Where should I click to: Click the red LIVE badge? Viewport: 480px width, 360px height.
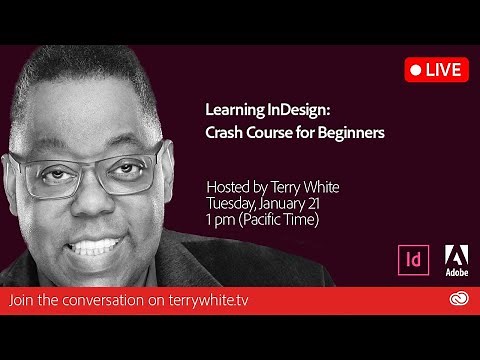436,70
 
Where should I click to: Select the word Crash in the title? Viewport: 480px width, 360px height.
226,133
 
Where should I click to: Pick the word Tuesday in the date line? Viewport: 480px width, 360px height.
233,202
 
